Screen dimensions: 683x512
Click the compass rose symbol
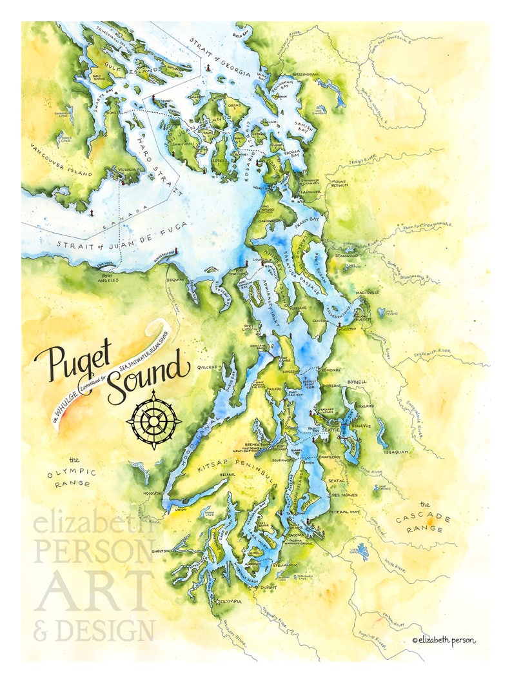(153, 419)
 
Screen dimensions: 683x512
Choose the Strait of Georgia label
(219, 59)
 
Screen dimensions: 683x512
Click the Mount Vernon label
(340, 185)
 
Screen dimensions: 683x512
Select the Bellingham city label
(306, 75)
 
